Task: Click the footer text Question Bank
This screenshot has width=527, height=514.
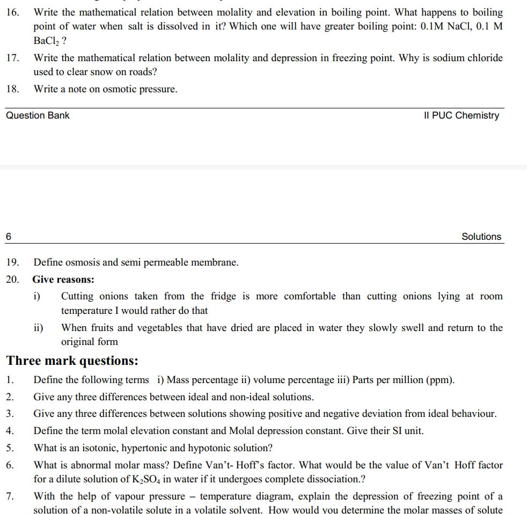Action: point(38,115)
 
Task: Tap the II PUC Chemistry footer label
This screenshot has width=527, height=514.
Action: point(461,115)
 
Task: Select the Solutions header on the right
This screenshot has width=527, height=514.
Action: point(481,237)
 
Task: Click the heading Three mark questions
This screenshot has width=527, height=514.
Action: point(72,361)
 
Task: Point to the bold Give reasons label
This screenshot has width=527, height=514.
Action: point(63,280)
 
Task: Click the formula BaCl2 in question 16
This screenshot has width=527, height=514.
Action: point(47,41)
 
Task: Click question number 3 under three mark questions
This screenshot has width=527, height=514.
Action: point(10,414)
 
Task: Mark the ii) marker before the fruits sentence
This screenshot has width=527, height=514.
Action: point(39,328)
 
